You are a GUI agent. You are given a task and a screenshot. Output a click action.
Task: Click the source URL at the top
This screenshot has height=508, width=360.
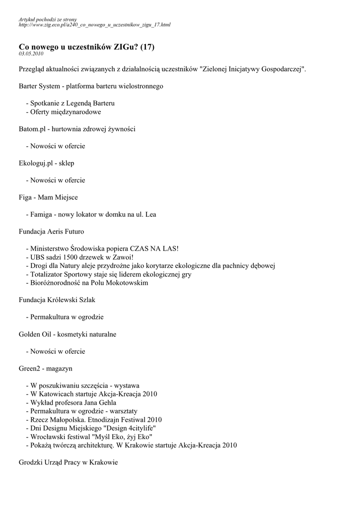(94, 24)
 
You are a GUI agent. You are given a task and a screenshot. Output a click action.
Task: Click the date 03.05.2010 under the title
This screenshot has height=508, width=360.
(31, 53)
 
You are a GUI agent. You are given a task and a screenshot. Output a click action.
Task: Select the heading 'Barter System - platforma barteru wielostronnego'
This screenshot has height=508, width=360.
(91, 86)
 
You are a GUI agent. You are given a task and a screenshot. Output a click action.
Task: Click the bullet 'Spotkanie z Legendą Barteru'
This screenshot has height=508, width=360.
(72, 103)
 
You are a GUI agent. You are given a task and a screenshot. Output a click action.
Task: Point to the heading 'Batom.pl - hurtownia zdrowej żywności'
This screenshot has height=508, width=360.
(77, 129)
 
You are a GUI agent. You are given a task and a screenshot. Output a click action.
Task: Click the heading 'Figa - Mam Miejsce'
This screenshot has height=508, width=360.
(48, 197)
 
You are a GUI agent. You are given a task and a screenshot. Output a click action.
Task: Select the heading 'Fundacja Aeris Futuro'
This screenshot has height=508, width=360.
(51, 232)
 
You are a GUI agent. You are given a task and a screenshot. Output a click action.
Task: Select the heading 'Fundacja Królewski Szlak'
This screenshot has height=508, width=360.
(57, 300)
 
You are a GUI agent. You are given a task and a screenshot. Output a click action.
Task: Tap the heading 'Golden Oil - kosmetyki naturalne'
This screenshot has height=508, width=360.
(67, 334)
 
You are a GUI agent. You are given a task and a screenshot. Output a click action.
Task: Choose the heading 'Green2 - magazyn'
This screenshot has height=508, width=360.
(45, 369)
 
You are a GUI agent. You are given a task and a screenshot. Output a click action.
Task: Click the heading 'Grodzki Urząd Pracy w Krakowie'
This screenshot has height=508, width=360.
(68, 462)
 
